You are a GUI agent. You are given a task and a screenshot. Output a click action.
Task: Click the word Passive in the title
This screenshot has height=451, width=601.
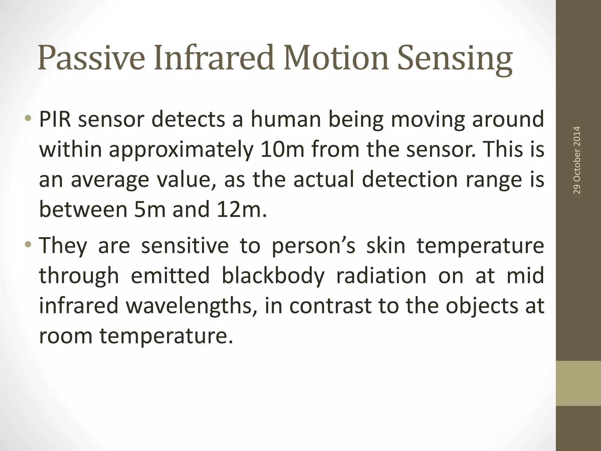91,58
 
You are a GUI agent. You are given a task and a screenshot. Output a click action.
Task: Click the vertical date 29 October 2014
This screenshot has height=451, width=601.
577,160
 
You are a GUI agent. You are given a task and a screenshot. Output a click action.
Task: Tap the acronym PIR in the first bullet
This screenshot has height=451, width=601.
55,120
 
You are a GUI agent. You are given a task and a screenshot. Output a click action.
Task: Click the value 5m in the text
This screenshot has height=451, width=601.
150,209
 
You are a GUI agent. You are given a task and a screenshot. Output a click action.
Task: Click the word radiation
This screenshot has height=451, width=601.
381,276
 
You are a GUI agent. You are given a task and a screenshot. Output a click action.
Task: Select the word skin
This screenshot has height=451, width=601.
386,246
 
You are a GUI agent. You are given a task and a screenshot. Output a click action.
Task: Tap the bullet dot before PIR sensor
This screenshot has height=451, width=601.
28,119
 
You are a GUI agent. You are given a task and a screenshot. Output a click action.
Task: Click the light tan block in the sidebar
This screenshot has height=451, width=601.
578,383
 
